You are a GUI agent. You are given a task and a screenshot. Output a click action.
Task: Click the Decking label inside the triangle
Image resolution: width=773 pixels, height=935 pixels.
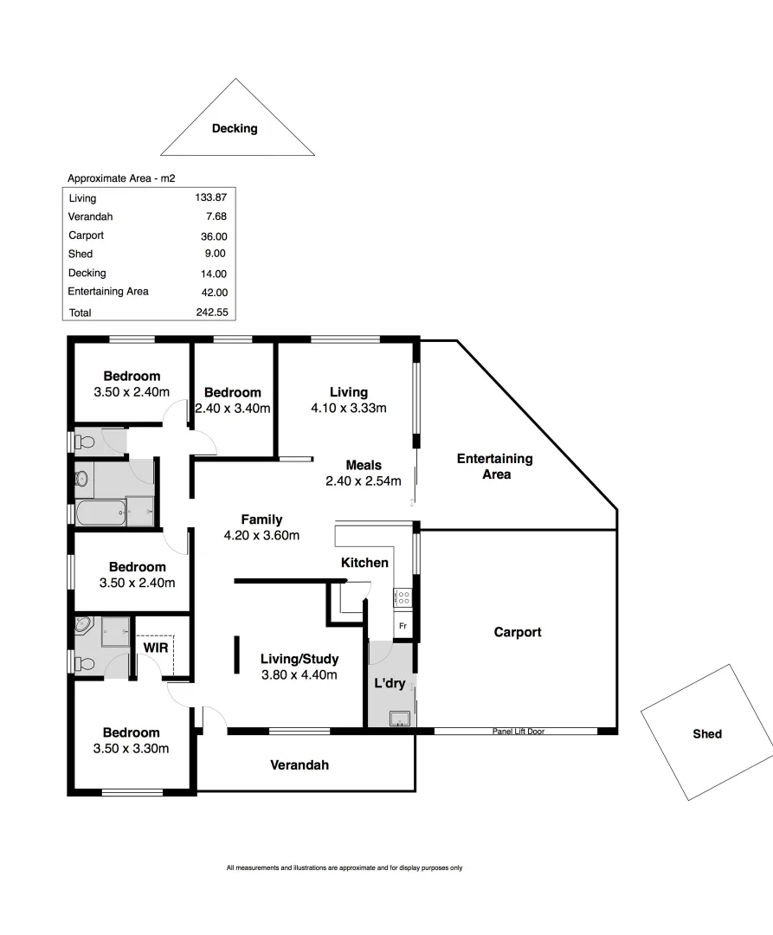(235, 129)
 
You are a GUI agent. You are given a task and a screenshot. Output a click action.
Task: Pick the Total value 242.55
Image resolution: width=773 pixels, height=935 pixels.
(211, 313)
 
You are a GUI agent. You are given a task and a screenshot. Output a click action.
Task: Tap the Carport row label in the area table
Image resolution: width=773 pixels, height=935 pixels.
(87, 235)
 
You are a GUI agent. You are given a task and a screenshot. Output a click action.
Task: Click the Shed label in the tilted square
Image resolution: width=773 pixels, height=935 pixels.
(706, 734)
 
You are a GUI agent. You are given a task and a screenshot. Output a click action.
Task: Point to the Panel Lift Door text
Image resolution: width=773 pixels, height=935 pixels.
(518, 732)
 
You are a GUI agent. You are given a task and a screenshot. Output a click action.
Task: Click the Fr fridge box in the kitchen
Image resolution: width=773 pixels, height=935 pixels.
(403, 624)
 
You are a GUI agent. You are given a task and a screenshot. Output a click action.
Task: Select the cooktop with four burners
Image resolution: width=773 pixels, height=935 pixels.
(403, 596)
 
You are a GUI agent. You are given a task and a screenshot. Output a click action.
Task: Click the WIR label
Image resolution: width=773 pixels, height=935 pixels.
(155, 647)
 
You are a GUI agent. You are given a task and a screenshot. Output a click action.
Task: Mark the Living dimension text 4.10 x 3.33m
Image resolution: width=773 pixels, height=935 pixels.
(348, 408)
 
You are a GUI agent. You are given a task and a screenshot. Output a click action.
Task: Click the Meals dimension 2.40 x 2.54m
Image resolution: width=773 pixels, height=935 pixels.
(364, 480)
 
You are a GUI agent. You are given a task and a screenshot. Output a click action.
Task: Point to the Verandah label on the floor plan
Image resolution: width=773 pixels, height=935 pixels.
(299, 765)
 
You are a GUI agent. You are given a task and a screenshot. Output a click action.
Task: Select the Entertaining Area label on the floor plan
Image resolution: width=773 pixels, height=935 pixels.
(494, 467)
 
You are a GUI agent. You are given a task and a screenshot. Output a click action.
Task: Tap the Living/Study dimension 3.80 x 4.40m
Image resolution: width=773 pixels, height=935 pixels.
(299, 675)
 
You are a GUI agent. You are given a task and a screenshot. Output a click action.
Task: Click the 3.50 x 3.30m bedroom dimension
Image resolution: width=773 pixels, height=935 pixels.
(132, 748)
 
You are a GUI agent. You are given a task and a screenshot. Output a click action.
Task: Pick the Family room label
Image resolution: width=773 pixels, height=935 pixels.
(261, 519)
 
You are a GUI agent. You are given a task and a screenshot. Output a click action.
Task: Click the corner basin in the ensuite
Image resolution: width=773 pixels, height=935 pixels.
(84, 625)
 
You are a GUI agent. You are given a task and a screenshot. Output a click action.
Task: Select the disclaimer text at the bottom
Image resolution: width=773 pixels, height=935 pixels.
(345, 867)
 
